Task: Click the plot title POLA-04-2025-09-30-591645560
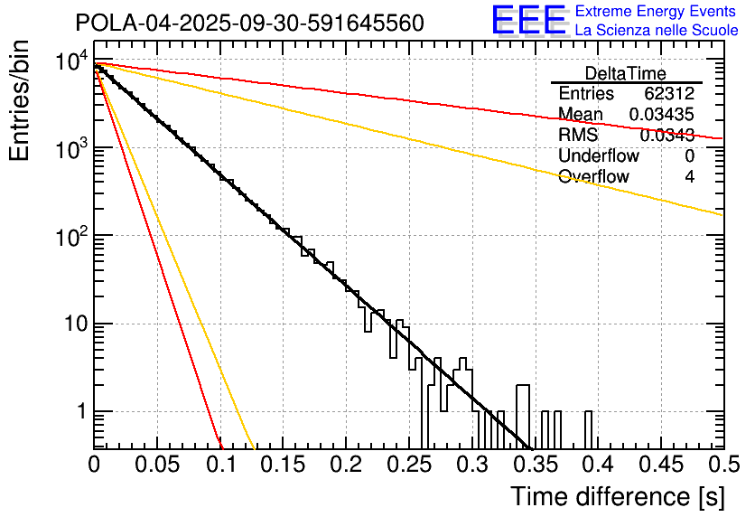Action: point(249,23)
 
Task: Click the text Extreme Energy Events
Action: point(656,12)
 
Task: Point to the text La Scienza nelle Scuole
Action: point(656,30)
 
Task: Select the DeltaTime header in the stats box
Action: point(625,73)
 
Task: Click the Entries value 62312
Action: point(669,94)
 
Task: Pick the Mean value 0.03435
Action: point(662,114)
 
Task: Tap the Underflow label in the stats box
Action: point(599,155)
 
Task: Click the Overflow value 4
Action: point(689,176)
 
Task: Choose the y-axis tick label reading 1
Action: point(79,411)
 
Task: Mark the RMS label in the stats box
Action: point(578,135)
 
